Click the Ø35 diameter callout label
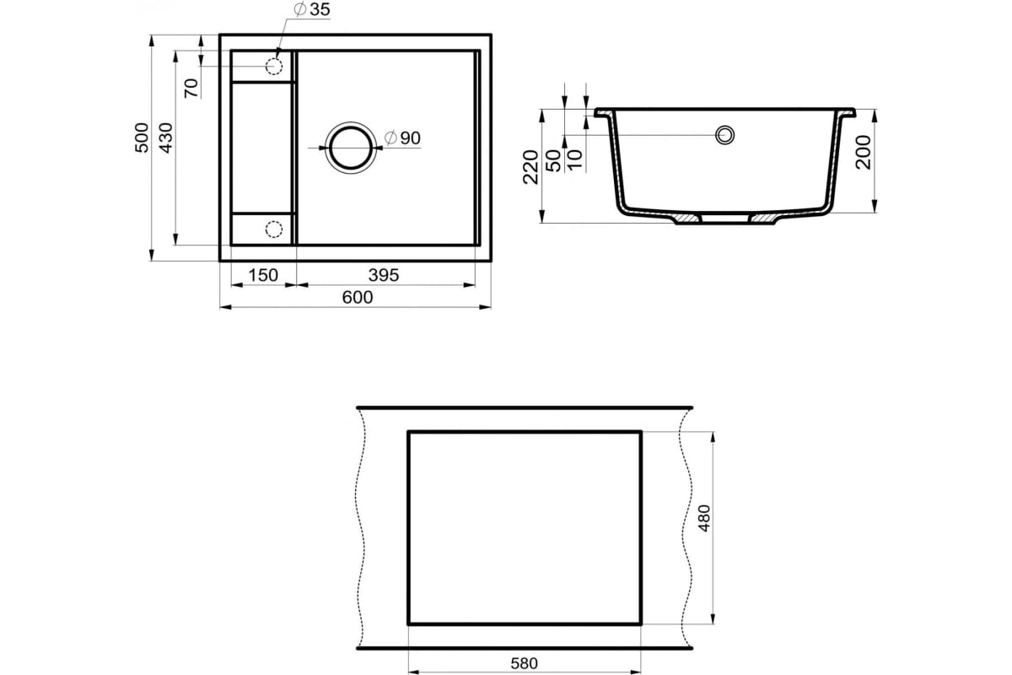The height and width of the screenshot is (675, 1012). (312, 9)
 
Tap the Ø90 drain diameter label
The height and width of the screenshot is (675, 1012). (402, 138)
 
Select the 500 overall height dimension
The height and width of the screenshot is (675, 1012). (142, 138)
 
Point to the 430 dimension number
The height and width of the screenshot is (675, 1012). (166, 138)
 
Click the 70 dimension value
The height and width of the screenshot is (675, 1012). (191, 88)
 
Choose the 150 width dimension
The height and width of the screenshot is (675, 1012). (263, 275)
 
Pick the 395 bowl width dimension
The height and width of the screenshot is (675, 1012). (384, 275)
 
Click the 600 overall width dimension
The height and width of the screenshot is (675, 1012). (358, 297)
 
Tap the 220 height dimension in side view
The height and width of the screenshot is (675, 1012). (530, 167)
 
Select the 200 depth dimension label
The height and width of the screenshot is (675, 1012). (864, 153)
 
